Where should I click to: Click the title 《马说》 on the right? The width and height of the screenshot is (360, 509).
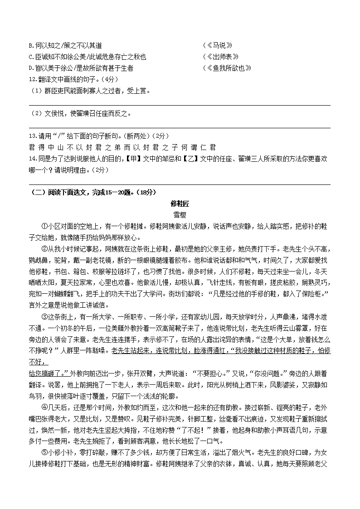pyautogui.click(x=219, y=45)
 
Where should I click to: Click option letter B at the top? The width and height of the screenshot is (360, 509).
pyautogui.click(x=30, y=45)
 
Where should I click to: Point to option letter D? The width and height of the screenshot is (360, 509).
pyautogui.click(x=30, y=68)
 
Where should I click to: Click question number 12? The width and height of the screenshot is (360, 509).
pyautogui.click(x=32, y=79)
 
